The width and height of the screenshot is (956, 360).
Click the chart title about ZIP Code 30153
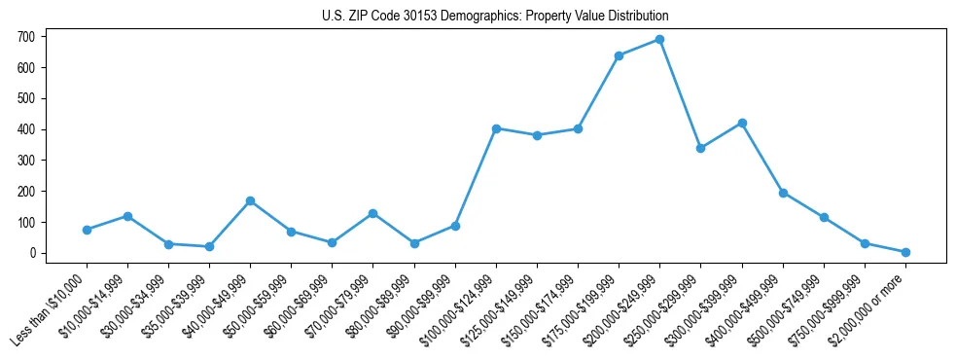click(495, 17)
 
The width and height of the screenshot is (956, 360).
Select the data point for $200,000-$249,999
click(659, 40)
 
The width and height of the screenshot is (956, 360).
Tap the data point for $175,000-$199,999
click(619, 55)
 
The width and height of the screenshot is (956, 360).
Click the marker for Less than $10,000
click(87, 230)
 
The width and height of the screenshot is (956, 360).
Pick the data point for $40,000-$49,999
click(250, 201)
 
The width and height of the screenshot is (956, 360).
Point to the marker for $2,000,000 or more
click(905, 252)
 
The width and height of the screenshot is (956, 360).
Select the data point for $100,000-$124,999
click(496, 128)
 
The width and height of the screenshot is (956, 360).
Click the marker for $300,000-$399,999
click(742, 124)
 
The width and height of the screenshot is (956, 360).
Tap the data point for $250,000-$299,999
click(700, 148)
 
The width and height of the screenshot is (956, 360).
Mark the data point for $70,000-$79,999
click(372, 213)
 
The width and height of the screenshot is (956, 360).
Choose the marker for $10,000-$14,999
click(127, 216)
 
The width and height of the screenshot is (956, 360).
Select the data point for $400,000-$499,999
click(783, 193)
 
